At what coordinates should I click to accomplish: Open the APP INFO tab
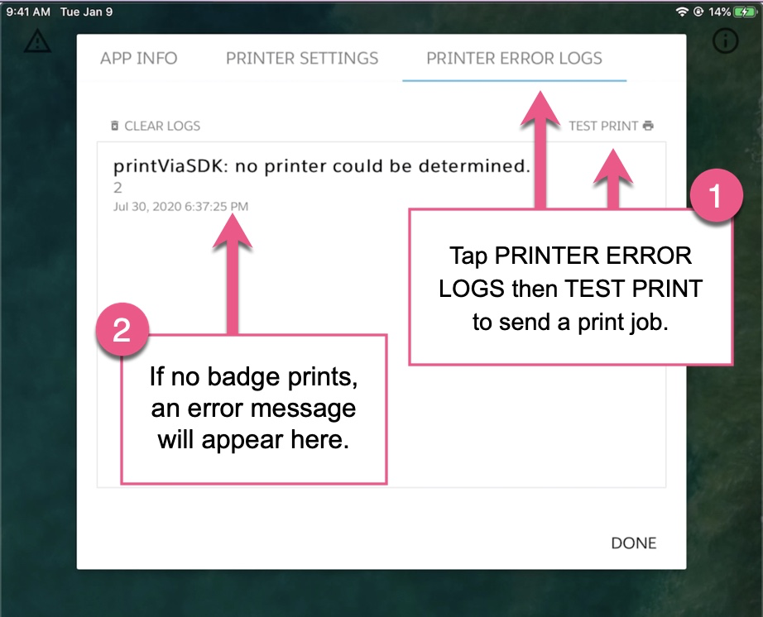138,59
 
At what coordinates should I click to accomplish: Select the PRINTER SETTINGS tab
302,59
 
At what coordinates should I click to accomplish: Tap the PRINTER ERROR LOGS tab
514,59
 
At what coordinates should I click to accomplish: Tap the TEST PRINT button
603,127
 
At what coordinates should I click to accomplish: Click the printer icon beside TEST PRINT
648,127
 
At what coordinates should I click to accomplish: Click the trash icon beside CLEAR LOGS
115,127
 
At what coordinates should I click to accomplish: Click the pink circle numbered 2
122,330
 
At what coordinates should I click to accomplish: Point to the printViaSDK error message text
321,166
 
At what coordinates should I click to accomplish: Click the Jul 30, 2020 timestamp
180,206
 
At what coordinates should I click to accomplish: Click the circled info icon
725,41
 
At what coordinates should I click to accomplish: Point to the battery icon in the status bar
744,12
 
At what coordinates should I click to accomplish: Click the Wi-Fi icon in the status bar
682,12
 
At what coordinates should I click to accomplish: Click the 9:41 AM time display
28,12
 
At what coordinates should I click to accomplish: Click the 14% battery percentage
719,12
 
